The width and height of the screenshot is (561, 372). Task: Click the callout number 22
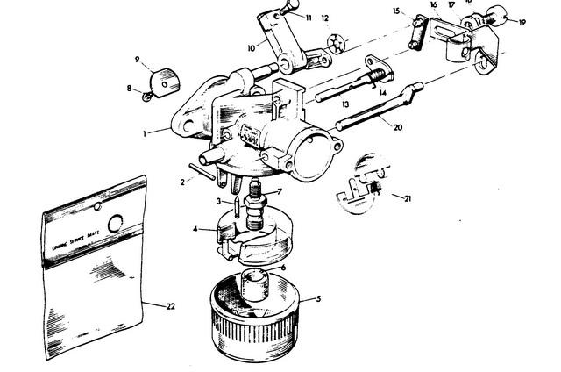point(169,305)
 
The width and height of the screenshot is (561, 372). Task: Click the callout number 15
point(396,11)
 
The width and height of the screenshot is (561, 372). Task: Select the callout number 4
point(195,230)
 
